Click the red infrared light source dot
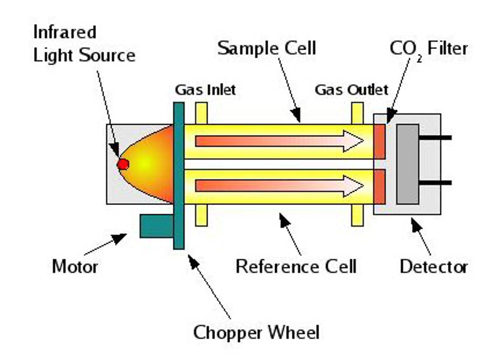point(123,164)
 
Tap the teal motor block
point(155,225)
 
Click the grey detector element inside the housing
point(407,163)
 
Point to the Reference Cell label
point(296,267)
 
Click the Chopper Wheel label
point(256,333)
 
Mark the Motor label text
point(75,267)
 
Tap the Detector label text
point(433,267)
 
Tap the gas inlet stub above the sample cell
point(201,113)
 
